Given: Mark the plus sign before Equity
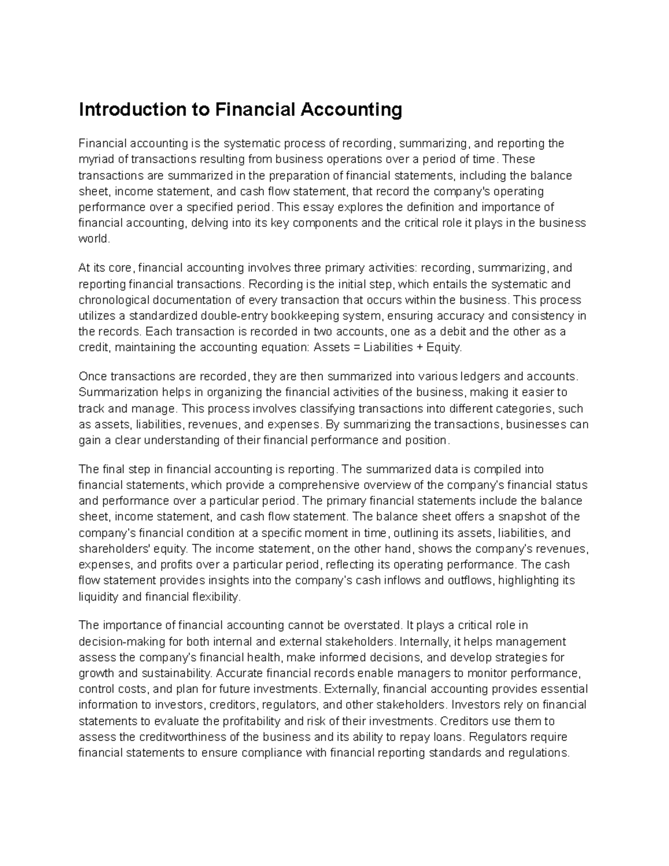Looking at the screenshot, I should pos(418,347).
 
